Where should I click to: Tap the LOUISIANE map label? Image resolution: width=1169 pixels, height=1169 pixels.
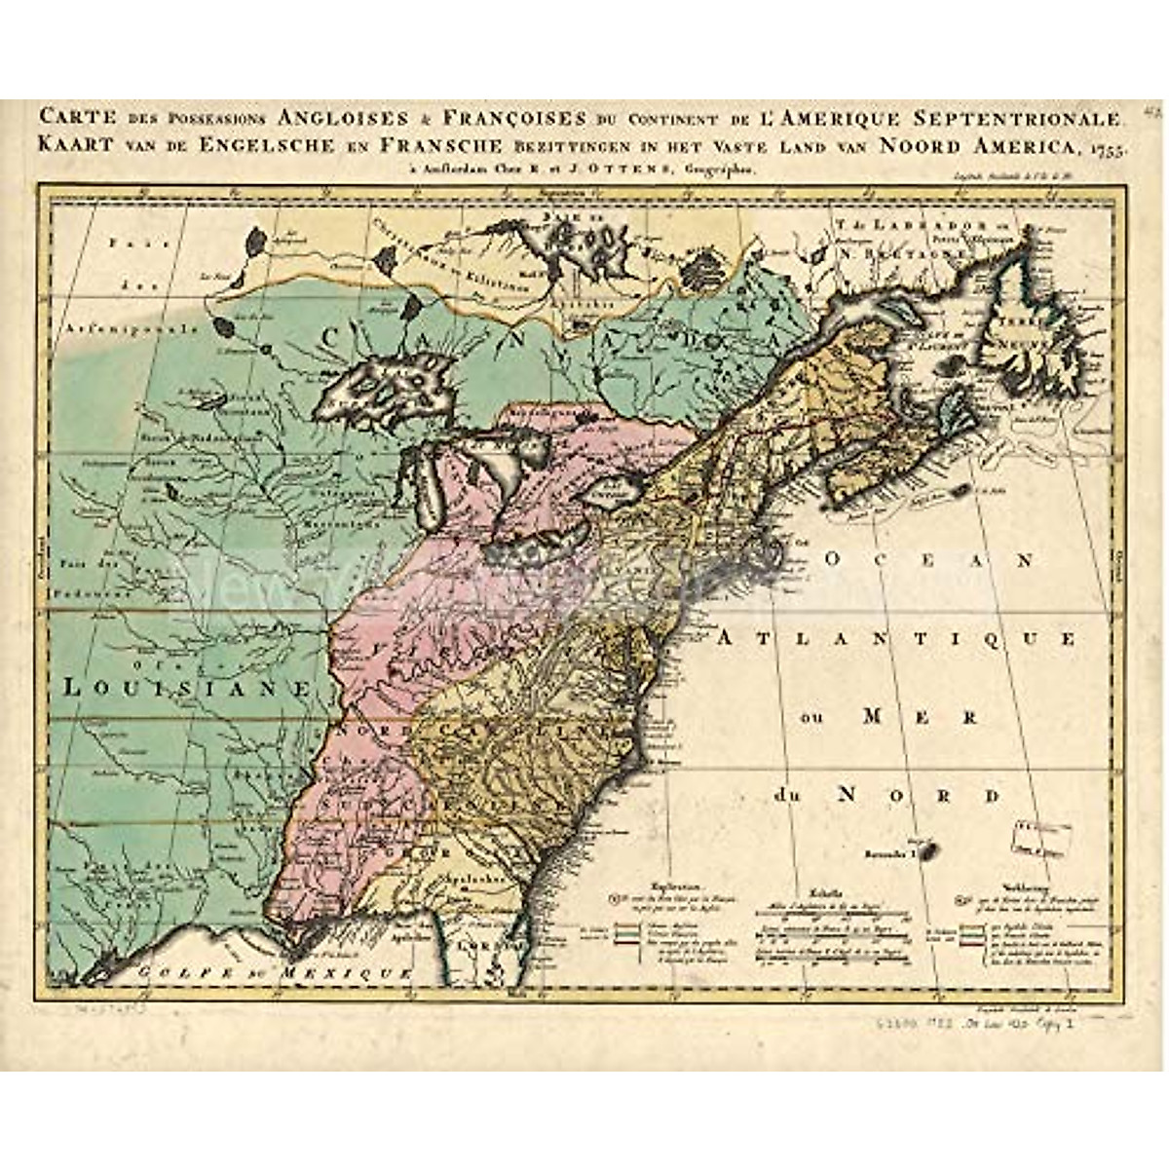pos(185,687)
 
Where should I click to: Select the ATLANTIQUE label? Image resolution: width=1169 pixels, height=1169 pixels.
pos(897,638)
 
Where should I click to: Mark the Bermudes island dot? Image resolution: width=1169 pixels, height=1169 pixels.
pos(927,853)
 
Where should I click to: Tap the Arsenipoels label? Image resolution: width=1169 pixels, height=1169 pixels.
pos(127,329)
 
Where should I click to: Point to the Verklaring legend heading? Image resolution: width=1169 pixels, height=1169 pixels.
pos(983,886)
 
